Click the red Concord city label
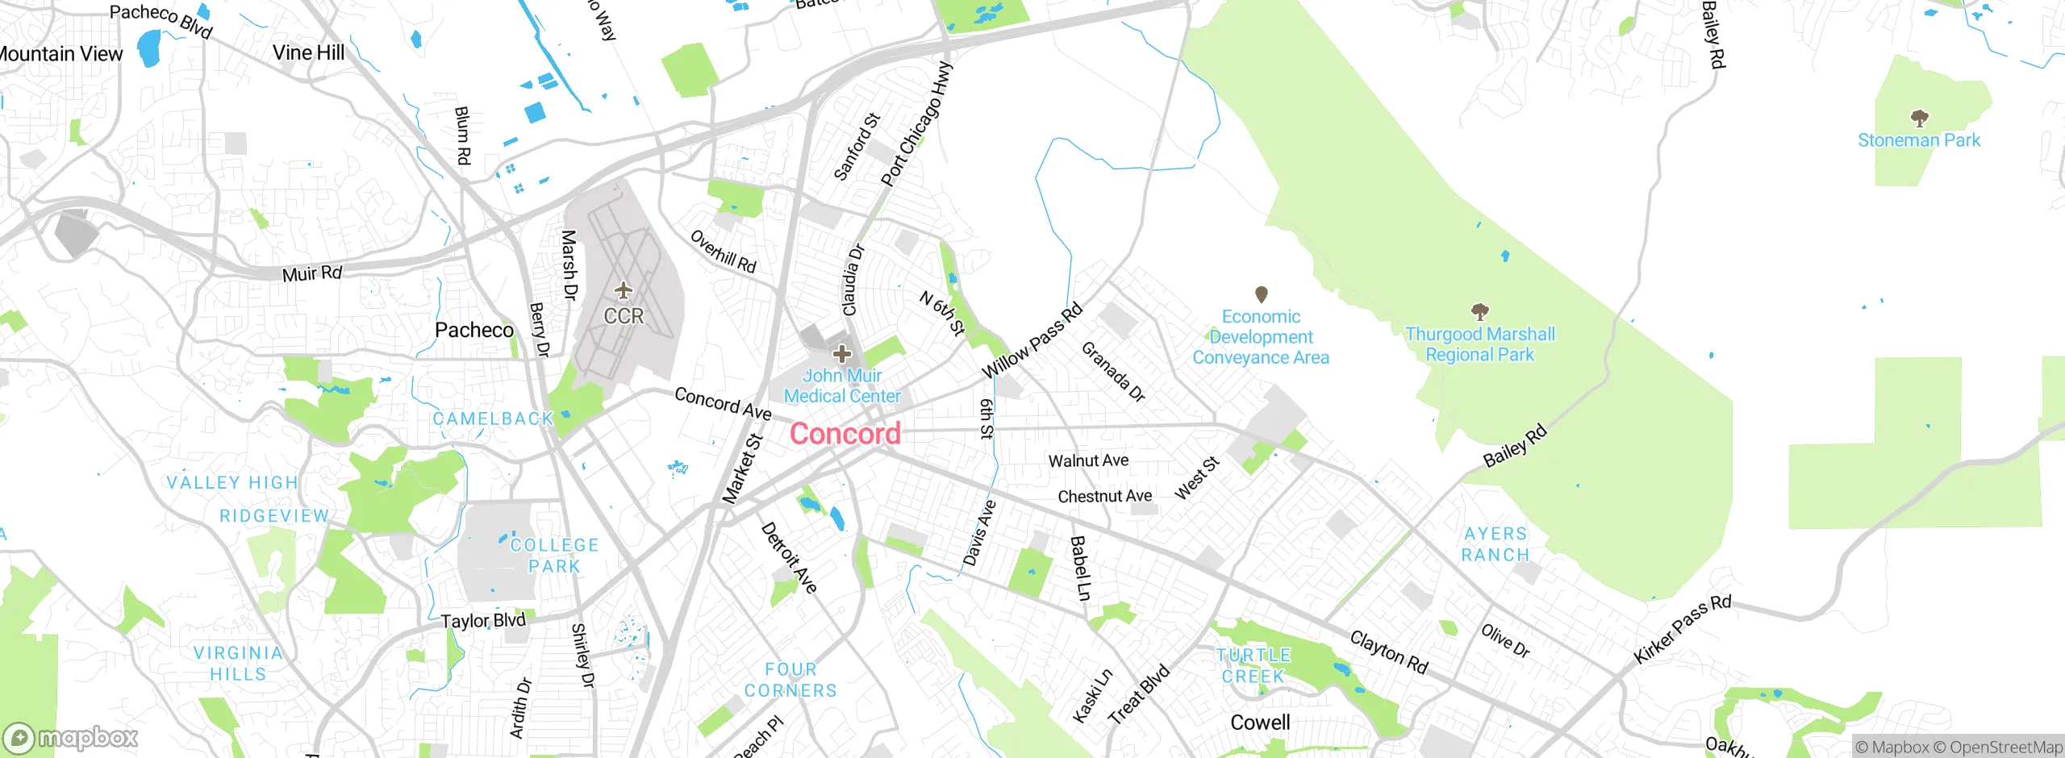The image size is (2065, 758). click(x=845, y=434)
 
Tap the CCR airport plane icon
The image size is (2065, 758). click(x=624, y=289)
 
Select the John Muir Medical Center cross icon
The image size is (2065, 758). click(x=842, y=353)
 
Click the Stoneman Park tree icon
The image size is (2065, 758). click(x=1919, y=119)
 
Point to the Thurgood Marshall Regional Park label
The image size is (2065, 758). click(x=1479, y=344)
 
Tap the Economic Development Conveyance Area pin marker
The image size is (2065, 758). click(x=1262, y=294)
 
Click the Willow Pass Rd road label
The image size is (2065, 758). click(x=1032, y=341)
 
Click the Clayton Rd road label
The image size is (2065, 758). click(x=1389, y=652)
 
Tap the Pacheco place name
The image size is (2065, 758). click(x=474, y=330)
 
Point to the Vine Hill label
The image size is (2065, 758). click(x=308, y=52)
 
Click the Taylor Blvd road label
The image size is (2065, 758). click(x=483, y=620)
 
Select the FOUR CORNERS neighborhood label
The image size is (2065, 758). click(x=791, y=680)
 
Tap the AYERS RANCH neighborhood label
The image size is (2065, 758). click(x=1496, y=544)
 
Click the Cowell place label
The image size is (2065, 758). click(x=1260, y=723)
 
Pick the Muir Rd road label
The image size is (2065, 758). click(x=312, y=273)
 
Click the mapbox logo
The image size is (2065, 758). click(x=71, y=738)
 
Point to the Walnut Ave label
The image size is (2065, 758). click(x=1088, y=460)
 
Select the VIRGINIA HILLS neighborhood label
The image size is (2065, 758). click(x=238, y=663)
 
